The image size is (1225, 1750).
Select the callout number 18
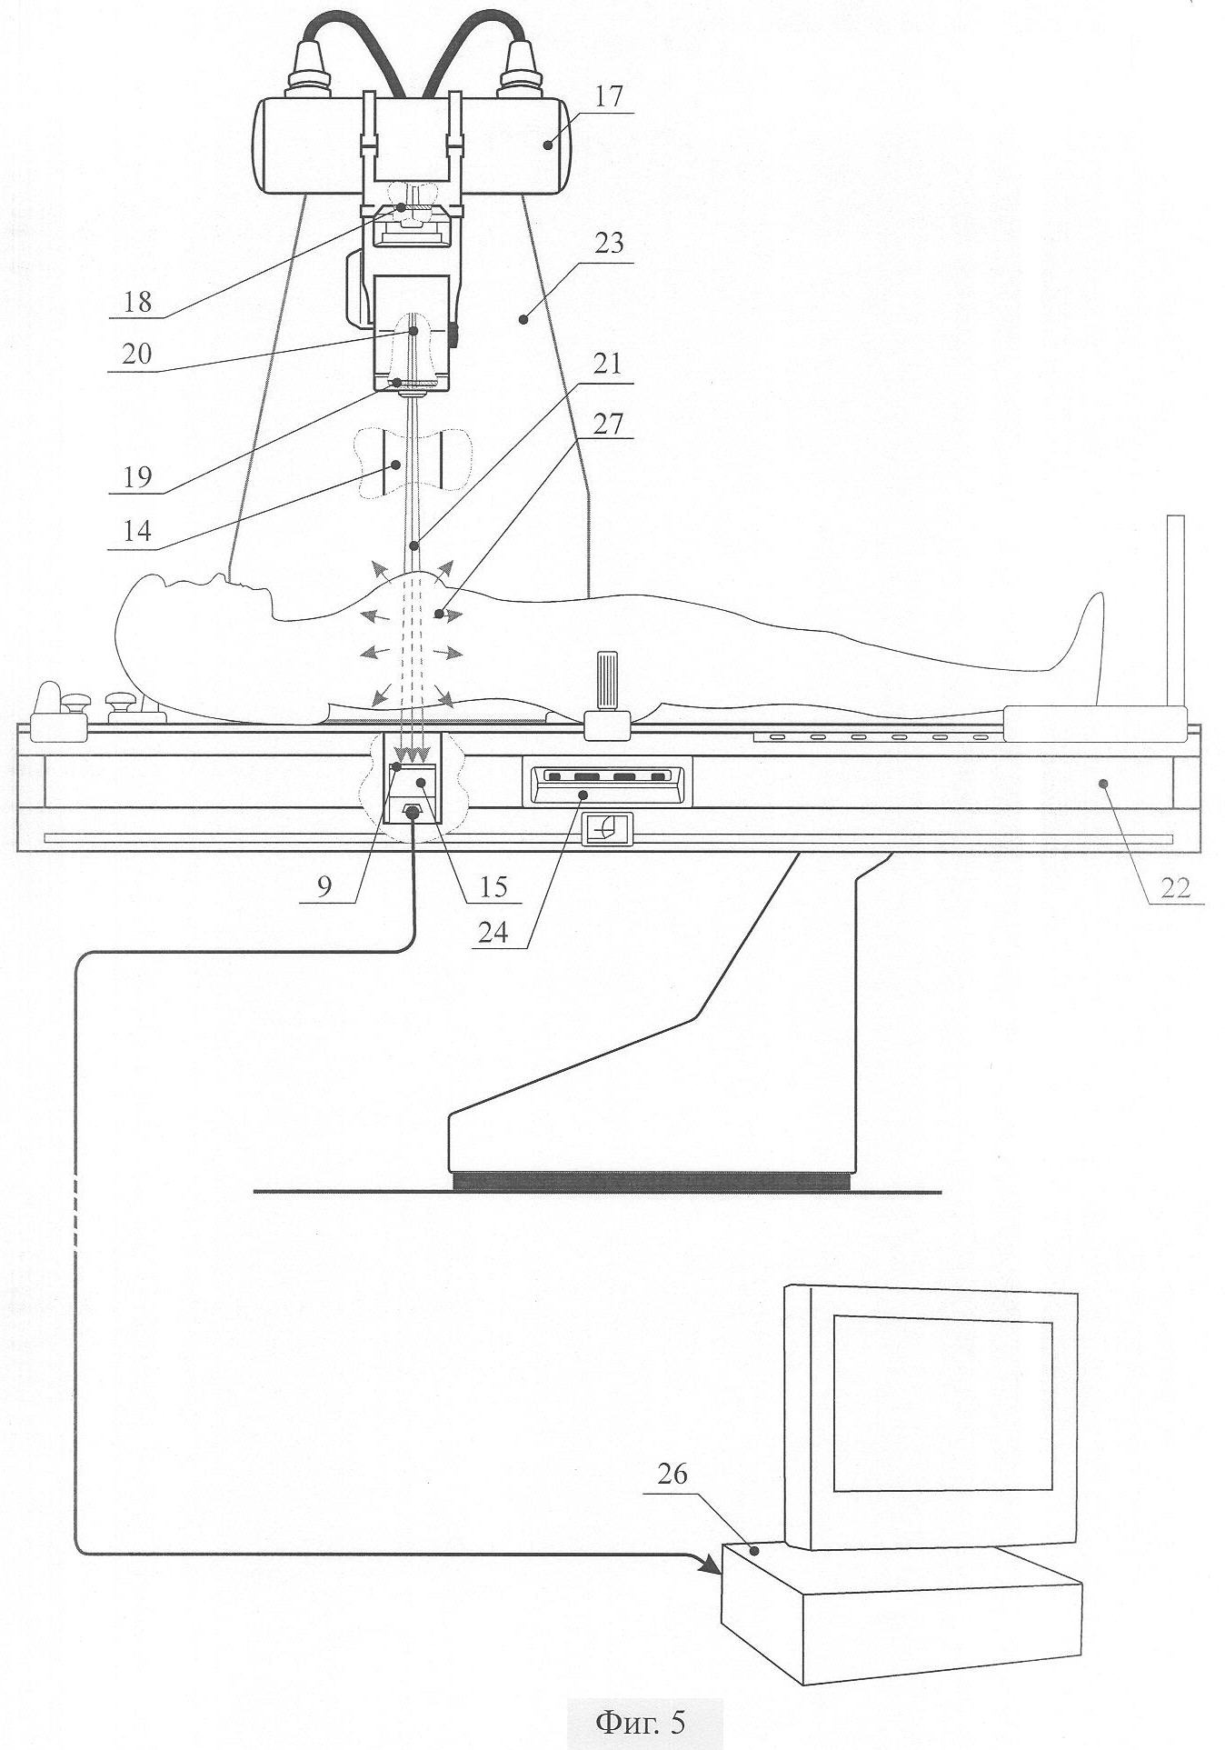coord(137,301)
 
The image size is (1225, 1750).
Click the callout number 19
coord(137,476)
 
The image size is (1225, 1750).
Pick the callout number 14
coord(137,531)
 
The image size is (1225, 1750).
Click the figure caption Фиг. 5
coord(640,1721)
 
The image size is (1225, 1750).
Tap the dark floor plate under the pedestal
coord(651,1181)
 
